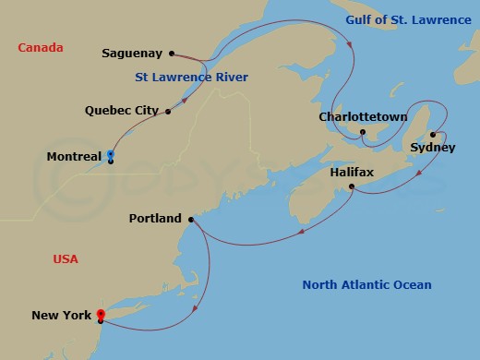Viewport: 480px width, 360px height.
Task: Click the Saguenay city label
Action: click(133, 54)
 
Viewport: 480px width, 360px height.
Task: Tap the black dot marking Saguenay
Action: click(173, 54)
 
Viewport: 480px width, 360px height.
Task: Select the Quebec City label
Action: click(122, 111)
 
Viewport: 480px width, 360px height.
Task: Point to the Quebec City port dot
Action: click(168, 112)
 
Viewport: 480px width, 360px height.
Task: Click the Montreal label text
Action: click(74, 158)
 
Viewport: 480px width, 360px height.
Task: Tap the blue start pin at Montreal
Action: click(110, 154)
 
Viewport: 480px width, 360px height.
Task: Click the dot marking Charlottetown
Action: click(363, 132)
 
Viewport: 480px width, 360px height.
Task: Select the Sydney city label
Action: click(432, 148)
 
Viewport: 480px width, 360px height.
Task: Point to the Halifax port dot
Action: click(353, 187)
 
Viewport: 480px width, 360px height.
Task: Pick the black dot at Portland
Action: click(191, 220)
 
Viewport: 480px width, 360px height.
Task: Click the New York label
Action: click(62, 316)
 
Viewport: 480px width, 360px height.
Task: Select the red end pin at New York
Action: click(101, 314)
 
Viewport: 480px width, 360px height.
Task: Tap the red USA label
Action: click(66, 259)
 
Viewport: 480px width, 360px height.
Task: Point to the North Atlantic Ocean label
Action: click(366, 285)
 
